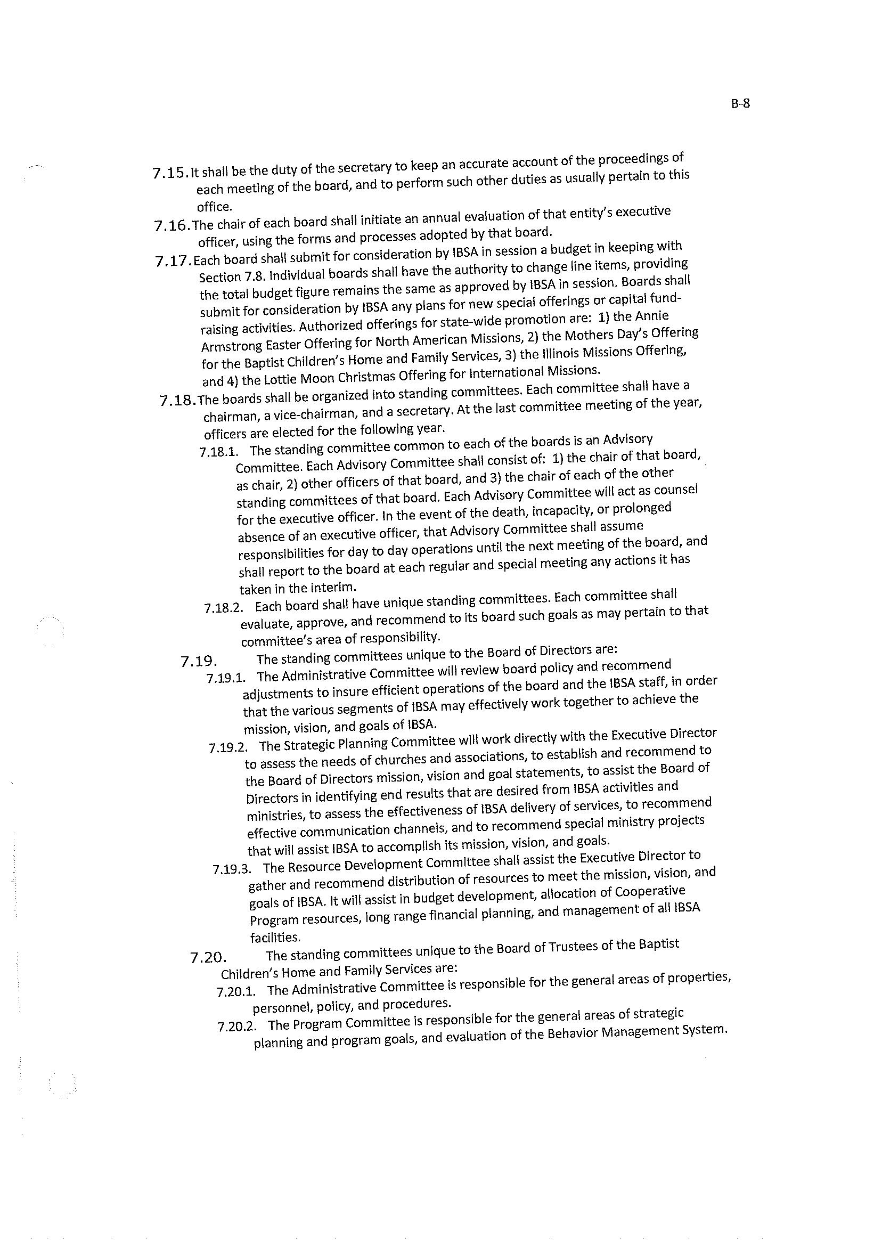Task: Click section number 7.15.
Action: (170, 173)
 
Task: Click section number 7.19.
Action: (199, 662)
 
